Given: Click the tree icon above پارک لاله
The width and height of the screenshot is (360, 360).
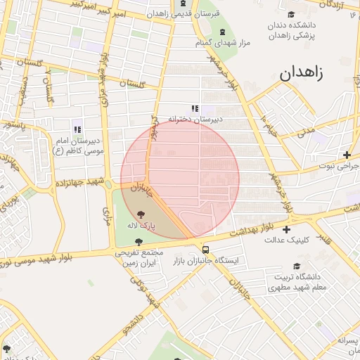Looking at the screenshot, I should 141,214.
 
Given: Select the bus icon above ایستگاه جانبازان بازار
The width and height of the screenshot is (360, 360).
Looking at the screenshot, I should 205,249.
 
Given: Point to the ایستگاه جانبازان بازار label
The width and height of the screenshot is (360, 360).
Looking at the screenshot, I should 206,261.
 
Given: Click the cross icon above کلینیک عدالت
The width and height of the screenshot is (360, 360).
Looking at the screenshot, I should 286,229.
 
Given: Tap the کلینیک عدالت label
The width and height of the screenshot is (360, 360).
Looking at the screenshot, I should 284,240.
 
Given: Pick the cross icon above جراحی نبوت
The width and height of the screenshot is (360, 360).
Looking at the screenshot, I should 347,155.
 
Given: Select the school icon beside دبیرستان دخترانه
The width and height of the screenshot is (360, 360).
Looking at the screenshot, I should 195,108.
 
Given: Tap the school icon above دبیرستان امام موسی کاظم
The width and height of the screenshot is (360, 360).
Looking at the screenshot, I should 77,129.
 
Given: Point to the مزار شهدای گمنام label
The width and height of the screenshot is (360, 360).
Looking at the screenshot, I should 222,44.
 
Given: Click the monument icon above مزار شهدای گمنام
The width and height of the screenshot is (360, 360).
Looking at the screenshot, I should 223,32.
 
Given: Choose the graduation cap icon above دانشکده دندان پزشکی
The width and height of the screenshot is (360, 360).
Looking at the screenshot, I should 291,15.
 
